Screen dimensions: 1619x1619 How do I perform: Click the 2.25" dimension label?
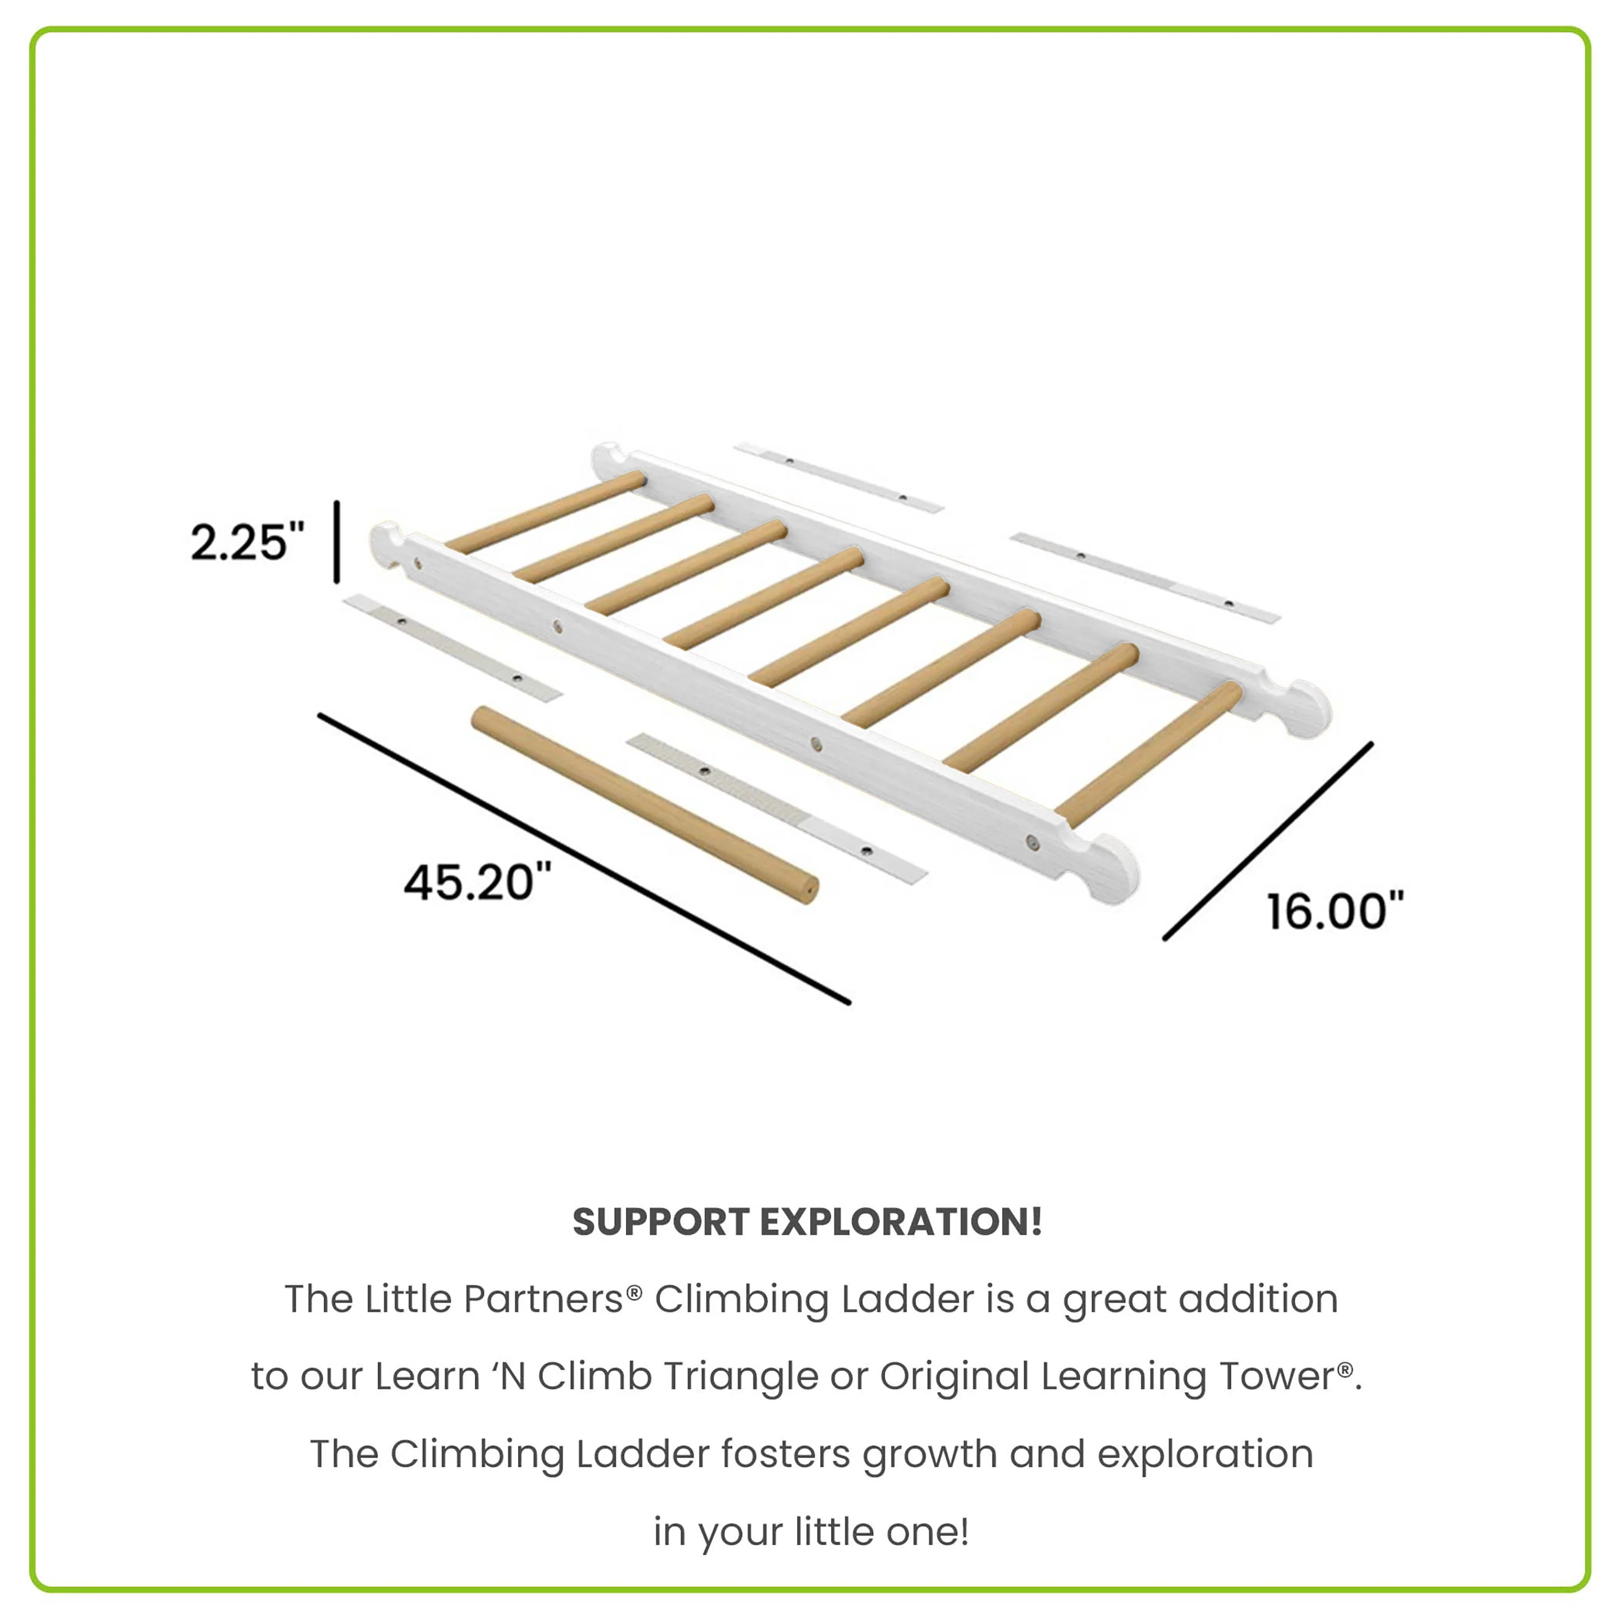(x=247, y=542)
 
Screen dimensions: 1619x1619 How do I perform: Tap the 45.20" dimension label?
(x=478, y=882)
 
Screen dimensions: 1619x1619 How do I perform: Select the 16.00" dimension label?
(x=1334, y=911)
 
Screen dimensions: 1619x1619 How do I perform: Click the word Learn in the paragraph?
(x=427, y=1376)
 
